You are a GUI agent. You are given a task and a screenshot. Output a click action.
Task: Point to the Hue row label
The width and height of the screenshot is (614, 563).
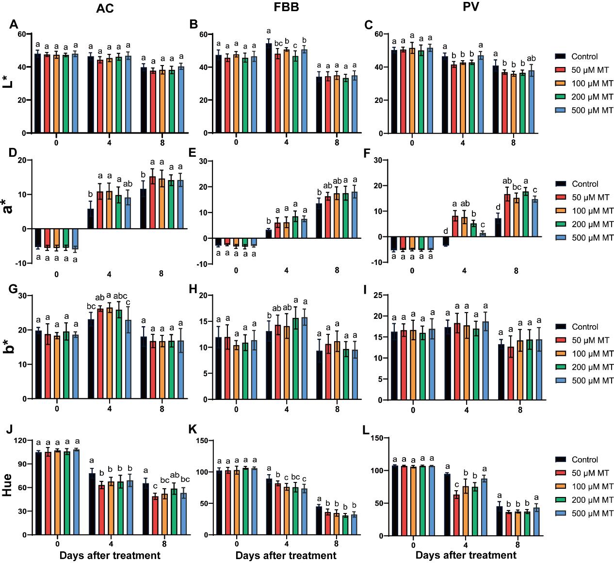pyautogui.click(x=8, y=486)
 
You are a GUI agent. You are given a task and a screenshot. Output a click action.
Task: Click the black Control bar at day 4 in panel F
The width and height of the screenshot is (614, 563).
pyautogui.click(x=446, y=241)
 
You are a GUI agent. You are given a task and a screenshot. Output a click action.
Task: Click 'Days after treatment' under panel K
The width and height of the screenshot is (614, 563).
pyautogui.click(x=286, y=555)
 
